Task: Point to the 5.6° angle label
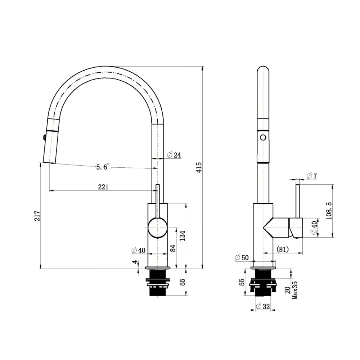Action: click(x=102, y=167)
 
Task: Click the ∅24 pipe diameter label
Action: click(x=174, y=155)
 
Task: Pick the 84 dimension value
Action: click(x=173, y=248)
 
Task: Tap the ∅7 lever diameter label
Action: click(x=312, y=176)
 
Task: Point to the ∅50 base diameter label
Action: click(x=242, y=257)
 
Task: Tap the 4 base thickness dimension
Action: click(x=136, y=263)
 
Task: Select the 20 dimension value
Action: click(x=288, y=290)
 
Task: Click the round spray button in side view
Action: click(x=263, y=137)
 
